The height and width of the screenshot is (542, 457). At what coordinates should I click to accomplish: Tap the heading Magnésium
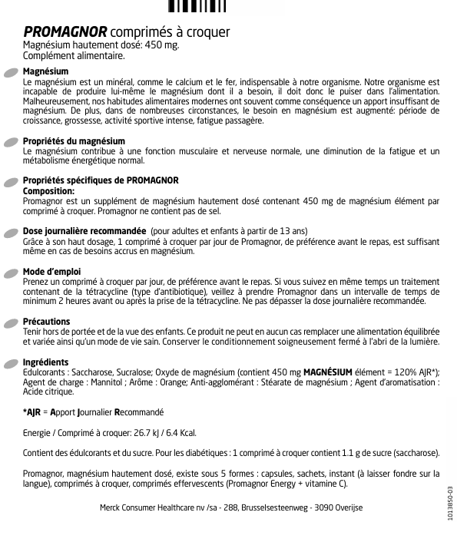coord(46,71)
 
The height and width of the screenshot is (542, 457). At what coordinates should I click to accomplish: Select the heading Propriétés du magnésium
coord(75,142)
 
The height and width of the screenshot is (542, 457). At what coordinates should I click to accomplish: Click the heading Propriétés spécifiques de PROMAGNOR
coord(101,180)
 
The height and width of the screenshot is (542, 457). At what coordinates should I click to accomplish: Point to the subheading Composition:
coord(49,190)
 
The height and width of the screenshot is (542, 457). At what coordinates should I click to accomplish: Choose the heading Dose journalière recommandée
coord(85,231)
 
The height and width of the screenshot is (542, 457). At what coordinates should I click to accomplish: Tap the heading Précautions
coord(47,322)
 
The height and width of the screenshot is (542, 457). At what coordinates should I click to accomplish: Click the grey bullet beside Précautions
coord(12,322)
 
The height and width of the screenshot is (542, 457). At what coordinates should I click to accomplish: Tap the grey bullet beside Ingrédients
coord(12,363)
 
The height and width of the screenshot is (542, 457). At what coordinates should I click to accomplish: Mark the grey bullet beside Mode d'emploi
coord(12,273)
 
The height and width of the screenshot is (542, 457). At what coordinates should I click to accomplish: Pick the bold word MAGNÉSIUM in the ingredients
coord(329,372)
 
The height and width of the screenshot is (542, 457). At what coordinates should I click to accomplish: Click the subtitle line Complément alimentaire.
coord(74,55)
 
